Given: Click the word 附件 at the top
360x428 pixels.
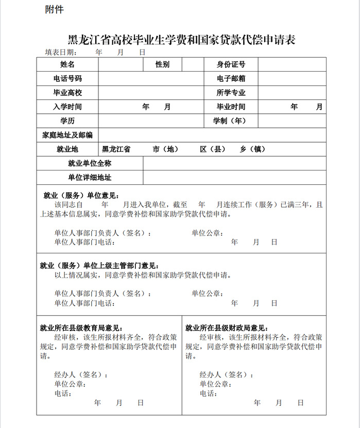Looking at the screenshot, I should (x=55, y=9).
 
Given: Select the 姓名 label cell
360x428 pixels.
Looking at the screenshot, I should (x=67, y=64).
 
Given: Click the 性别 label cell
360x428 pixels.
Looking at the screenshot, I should (x=162, y=64).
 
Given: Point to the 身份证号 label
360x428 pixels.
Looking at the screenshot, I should (x=231, y=64).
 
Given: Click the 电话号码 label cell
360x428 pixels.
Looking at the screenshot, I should (x=67, y=79).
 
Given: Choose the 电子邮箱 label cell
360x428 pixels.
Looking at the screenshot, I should (x=231, y=79).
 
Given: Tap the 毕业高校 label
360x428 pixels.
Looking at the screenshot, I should (x=67, y=93).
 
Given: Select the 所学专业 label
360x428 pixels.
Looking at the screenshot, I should (x=231, y=93).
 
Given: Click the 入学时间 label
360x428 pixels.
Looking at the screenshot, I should (x=67, y=107).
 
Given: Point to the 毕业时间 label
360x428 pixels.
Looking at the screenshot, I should (x=231, y=107).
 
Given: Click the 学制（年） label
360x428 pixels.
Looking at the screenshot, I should (x=230, y=121).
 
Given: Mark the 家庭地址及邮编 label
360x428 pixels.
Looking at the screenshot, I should (x=67, y=135).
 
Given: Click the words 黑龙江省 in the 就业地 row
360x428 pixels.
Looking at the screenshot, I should (x=116, y=149).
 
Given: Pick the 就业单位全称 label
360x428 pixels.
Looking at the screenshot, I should (x=90, y=163).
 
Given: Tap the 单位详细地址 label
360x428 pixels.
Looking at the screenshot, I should (x=90, y=178).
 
